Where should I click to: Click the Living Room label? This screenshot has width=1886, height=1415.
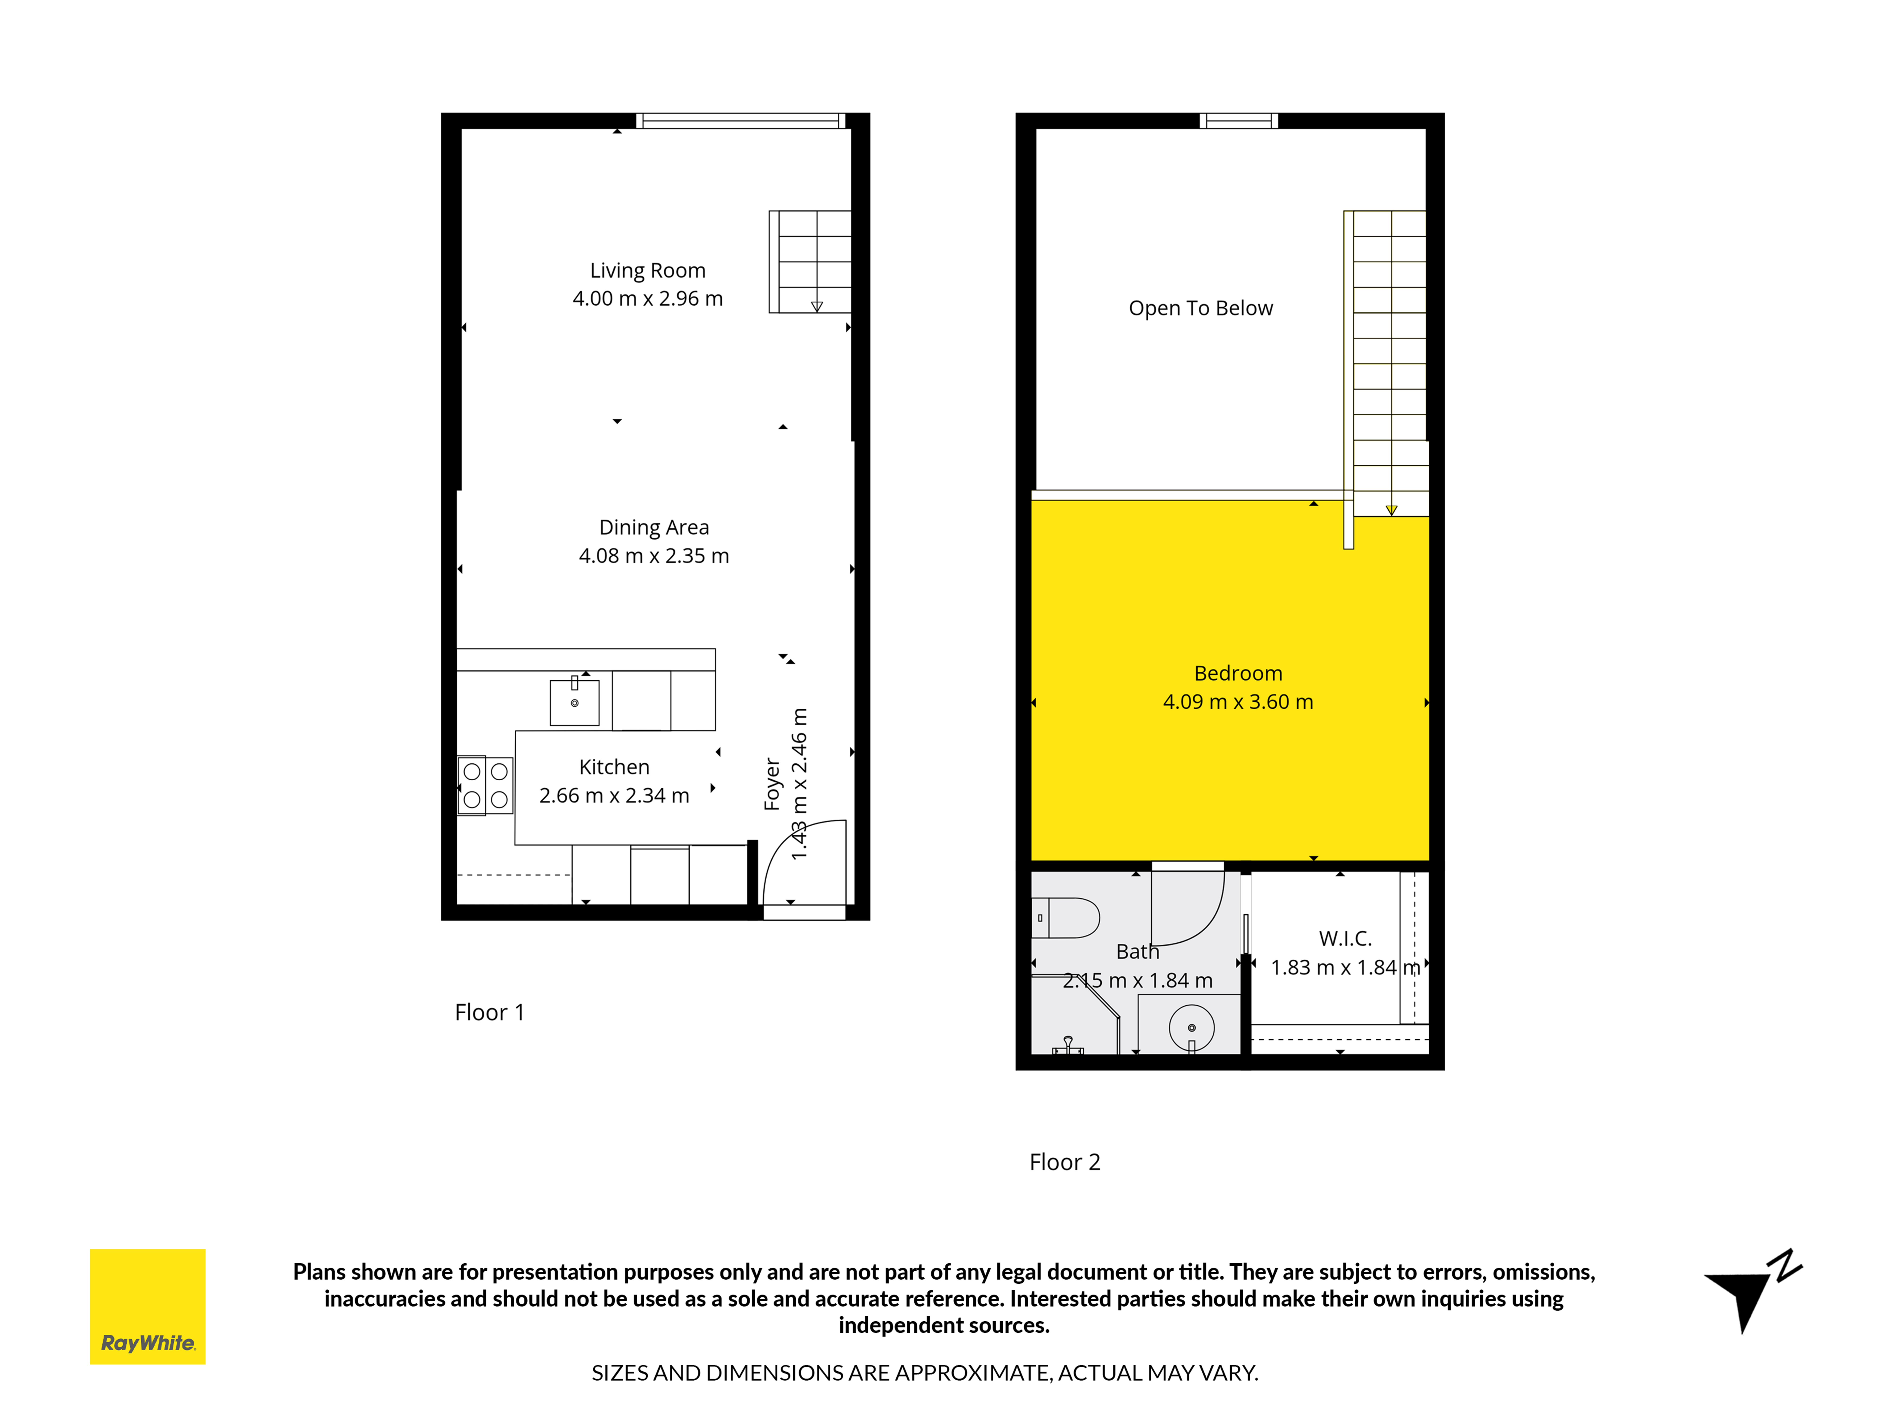tap(648, 270)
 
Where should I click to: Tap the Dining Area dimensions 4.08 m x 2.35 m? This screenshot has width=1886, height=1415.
tap(654, 556)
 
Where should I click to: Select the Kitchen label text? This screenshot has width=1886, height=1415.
tap(614, 767)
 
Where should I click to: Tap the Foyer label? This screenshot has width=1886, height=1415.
tap(773, 784)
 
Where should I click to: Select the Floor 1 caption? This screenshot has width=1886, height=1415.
tap(489, 1012)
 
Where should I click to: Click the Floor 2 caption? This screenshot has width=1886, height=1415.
tap(1065, 1162)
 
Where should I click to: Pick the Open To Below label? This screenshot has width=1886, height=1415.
tap(1200, 308)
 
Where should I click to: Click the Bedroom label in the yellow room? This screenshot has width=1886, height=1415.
tap(1238, 673)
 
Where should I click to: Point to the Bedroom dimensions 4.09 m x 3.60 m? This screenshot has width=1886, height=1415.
tap(1238, 702)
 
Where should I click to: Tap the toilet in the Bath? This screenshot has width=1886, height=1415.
tap(1065, 918)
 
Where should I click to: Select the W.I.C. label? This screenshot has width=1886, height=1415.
tap(1345, 938)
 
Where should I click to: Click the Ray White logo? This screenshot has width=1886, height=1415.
tap(148, 1307)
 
